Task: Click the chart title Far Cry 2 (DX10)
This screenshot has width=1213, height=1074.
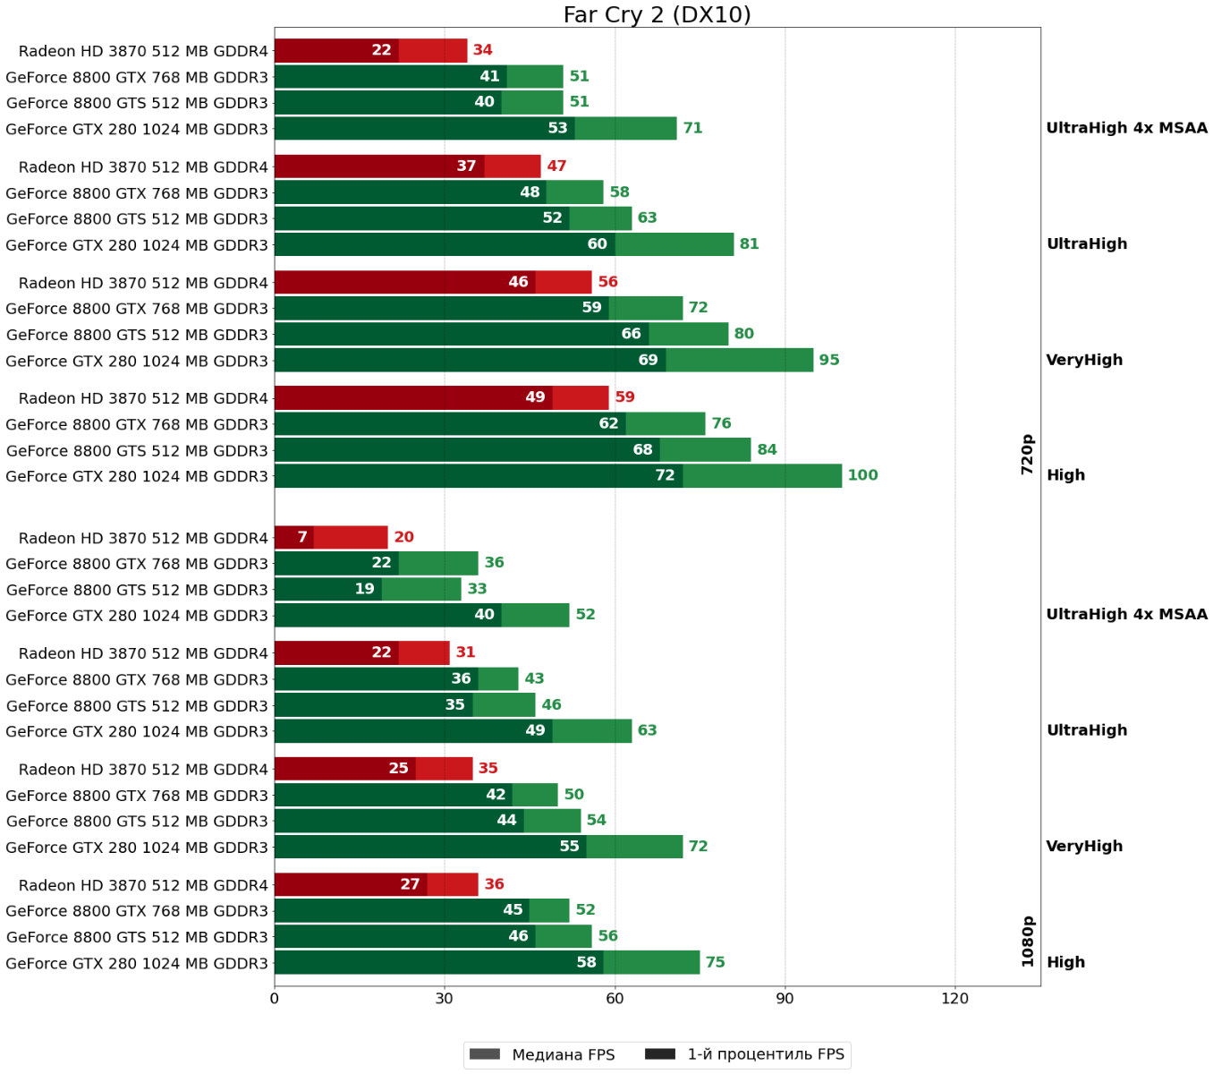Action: pos(657,14)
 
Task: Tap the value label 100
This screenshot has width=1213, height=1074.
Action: pos(862,475)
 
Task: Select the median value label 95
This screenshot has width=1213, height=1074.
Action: pos(829,360)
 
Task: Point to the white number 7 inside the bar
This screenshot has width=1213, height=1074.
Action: pos(302,537)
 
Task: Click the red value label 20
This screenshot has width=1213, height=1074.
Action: pos(403,537)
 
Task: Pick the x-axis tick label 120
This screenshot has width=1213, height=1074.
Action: pos(954,998)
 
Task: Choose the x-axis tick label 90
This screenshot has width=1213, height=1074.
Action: pos(785,998)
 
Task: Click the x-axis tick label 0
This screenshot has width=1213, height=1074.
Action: pos(274,998)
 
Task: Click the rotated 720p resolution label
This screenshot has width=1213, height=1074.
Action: pos(1028,454)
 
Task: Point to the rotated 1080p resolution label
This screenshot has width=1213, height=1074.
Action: pos(1028,941)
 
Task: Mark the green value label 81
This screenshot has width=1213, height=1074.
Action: pos(749,244)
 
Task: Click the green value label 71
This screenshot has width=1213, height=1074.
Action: pos(692,128)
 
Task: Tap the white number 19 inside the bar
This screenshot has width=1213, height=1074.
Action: pos(364,589)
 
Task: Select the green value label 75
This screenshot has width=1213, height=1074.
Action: pos(715,962)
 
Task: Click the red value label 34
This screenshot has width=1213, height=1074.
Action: pos(482,50)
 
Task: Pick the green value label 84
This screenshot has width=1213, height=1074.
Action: pos(767,449)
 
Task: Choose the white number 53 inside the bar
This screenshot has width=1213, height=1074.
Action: pos(557,128)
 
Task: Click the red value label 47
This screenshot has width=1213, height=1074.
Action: pos(556,166)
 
